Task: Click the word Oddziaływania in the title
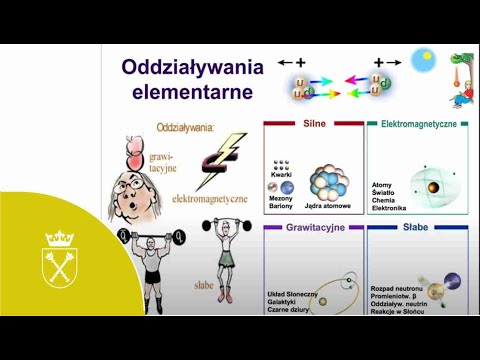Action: [x=192, y=68]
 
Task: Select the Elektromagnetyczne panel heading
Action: [x=420, y=126]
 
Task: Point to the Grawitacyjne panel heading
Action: [x=314, y=229]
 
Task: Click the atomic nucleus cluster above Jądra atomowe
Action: [x=331, y=183]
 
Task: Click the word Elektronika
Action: [x=389, y=209]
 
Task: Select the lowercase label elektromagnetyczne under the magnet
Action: [x=209, y=198]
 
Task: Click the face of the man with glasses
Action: [x=131, y=190]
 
